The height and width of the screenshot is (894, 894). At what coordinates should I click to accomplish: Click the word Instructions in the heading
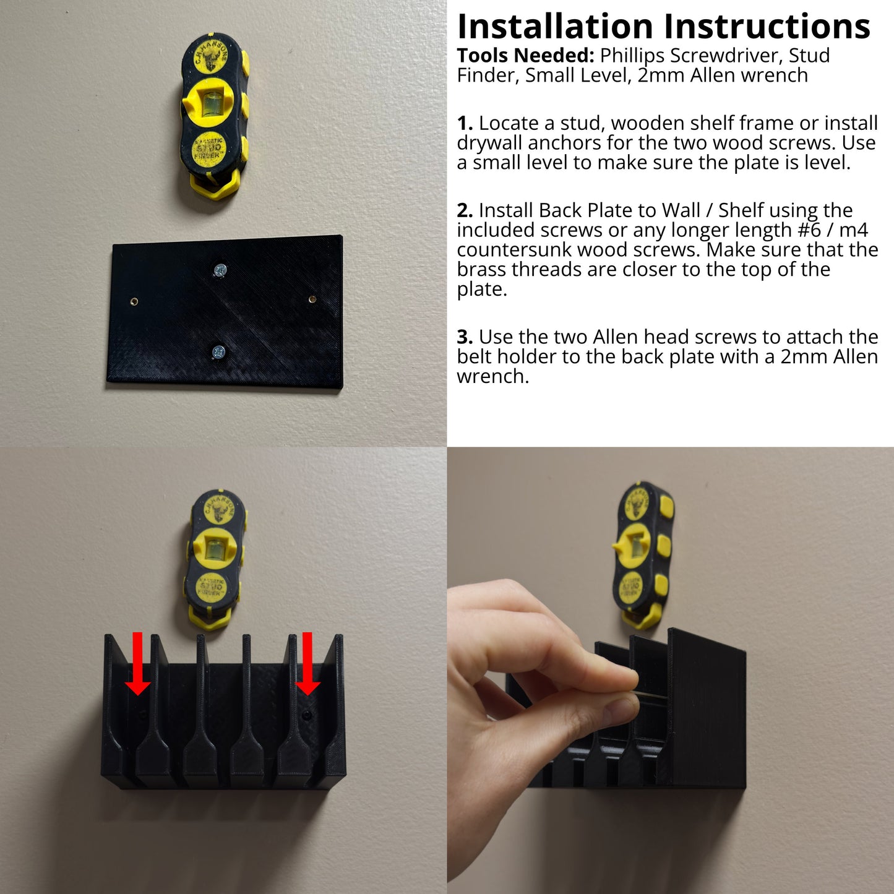click(767, 26)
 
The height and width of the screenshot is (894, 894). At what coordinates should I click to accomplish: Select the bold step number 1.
click(465, 123)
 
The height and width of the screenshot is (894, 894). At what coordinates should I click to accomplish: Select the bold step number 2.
click(465, 210)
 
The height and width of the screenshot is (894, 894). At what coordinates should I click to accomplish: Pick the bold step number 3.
click(465, 337)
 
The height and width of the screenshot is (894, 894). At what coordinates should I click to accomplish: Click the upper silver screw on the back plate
click(220, 270)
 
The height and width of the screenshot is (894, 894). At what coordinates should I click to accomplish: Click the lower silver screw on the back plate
click(218, 352)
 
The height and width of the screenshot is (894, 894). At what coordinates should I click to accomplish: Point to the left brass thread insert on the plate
click(134, 301)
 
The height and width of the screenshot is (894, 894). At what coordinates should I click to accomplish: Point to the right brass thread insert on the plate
click(312, 299)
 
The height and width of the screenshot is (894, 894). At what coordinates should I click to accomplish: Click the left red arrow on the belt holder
click(138, 664)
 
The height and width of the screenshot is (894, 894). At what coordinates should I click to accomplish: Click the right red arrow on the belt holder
click(307, 664)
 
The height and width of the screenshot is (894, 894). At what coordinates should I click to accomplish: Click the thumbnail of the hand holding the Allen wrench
click(671, 671)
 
